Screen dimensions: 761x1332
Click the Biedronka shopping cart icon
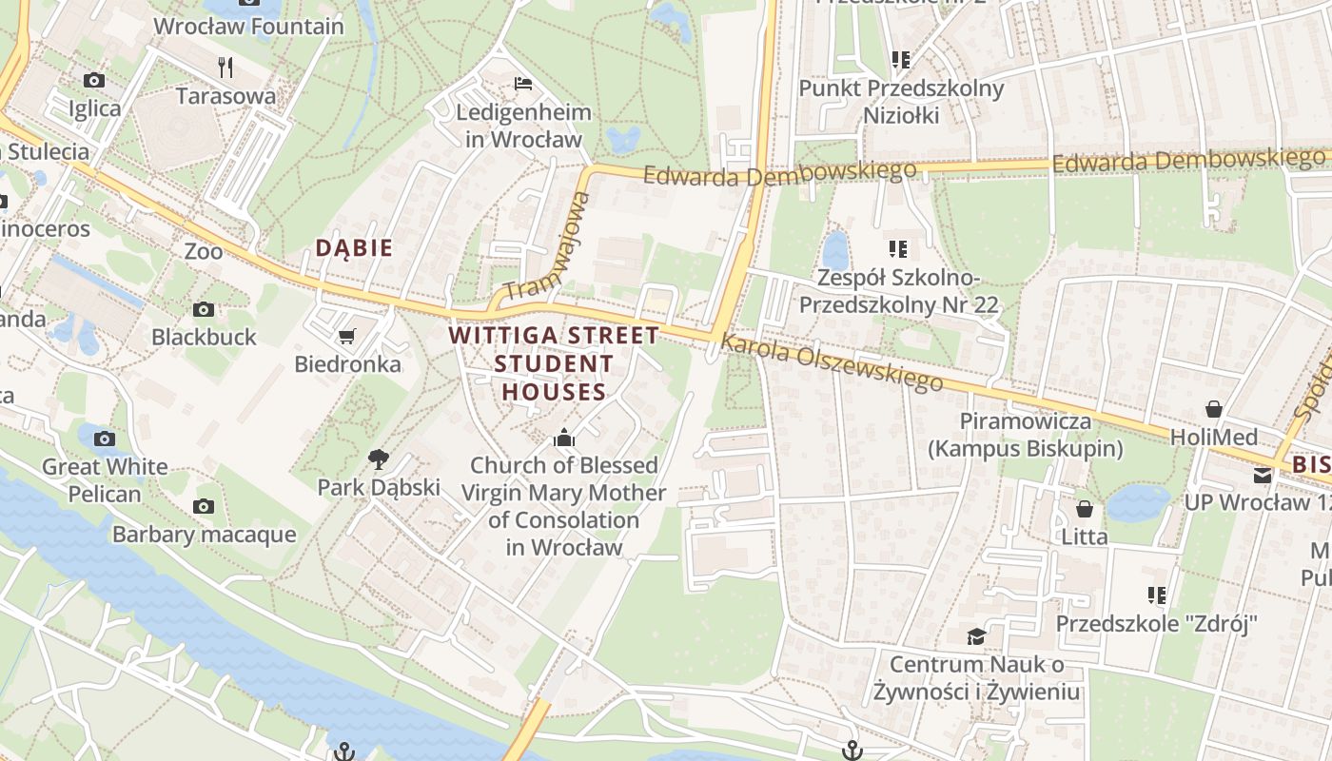click(x=347, y=336)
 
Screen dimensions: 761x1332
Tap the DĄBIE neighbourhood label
click(x=354, y=248)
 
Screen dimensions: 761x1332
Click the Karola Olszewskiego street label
click(x=832, y=362)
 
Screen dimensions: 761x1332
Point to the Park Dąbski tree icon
click(x=378, y=459)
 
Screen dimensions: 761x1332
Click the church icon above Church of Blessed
click(x=564, y=438)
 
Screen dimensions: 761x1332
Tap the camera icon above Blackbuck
click(x=204, y=309)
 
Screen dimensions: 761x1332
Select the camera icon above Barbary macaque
click(x=204, y=506)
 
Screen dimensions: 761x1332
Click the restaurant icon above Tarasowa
click(x=225, y=67)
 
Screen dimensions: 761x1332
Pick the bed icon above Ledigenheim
click(x=523, y=84)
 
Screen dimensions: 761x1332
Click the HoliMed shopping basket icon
click(x=1214, y=409)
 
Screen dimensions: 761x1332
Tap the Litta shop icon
click(x=1085, y=509)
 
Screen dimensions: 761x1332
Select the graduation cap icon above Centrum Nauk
click(x=976, y=635)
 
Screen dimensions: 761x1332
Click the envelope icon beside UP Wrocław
click(x=1263, y=475)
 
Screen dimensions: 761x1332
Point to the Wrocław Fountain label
click(x=248, y=27)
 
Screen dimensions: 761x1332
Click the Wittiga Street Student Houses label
click(x=554, y=363)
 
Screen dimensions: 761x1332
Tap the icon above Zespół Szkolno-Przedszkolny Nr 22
click(x=898, y=249)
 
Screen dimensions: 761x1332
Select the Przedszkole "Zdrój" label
click(x=1157, y=624)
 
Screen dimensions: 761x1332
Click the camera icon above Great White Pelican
click(x=105, y=439)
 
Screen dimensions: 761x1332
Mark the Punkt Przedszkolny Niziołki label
click(x=901, y=102)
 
